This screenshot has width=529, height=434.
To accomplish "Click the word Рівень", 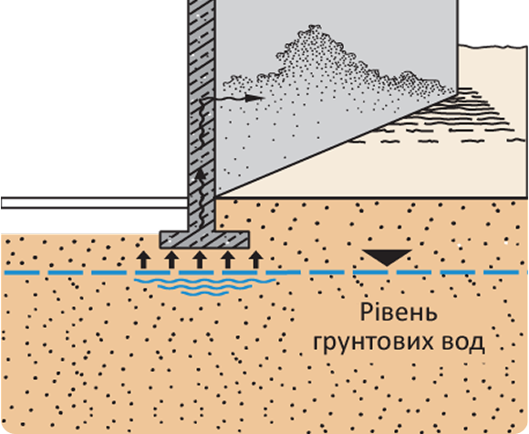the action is pos(399,312).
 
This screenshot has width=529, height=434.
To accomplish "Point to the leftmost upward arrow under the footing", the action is pos(143,259).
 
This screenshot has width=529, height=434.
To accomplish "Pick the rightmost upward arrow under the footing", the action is pos(255,259).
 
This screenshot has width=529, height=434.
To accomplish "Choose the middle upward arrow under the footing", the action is pos(200,259).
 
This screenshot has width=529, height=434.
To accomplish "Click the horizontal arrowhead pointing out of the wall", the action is pos(254,98).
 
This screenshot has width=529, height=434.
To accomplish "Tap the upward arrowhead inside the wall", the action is pos(201,175).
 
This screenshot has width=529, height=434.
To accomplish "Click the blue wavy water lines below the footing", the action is pos(205,287).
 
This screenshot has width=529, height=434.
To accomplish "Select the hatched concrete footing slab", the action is pos(204,239).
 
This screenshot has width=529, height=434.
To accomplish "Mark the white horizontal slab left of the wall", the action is pos(95,203).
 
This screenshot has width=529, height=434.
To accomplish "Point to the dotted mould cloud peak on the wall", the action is pos(314,28).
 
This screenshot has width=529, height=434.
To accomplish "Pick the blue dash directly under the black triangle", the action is pos(387,272).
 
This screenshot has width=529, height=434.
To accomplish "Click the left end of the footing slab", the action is pos(160,239).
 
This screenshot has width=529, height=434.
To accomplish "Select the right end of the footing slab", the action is pos(249,239).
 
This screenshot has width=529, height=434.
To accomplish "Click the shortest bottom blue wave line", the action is pos(205,293).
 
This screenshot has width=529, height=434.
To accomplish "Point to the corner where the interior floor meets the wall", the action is pos(215,197).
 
